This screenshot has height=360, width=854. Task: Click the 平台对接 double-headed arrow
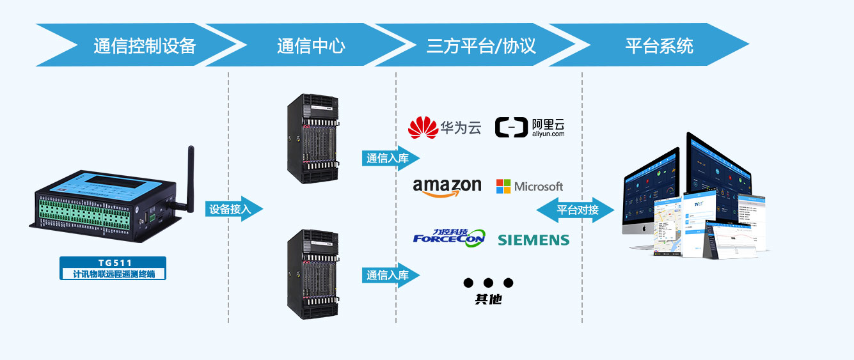pos(576,210)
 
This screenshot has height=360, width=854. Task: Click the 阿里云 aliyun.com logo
pos(530,127)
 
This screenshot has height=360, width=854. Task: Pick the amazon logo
pos(447,187)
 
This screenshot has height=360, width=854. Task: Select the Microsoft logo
pos(530,187)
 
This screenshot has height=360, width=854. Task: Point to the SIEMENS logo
pos(534,240)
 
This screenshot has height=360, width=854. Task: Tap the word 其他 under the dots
pos(488,299)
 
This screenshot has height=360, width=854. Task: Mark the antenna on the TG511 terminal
pos(190,176)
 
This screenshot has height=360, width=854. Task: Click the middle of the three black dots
pos(489,283)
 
